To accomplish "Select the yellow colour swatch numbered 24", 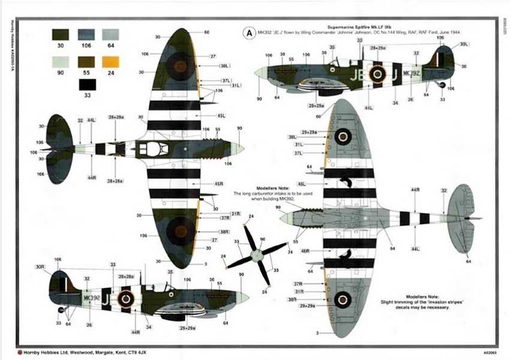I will [x=110, y=61].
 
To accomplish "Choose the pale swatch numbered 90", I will [x=61, y=61].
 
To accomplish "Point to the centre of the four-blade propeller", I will [x=257, y=254].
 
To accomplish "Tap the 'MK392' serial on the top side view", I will [x=411, y=73].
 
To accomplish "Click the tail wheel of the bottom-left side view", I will [x=61, y=310].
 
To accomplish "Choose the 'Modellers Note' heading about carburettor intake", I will [x=257, y=188].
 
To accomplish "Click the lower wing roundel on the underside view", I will [x=342, y=299].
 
